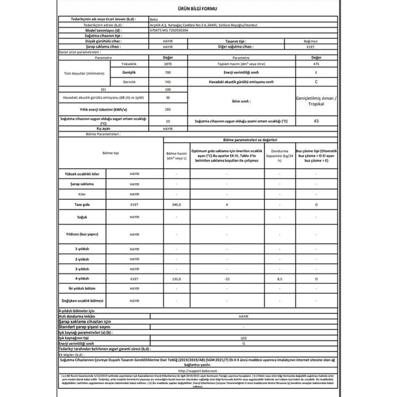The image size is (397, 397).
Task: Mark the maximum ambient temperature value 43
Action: click(x=315, y=121)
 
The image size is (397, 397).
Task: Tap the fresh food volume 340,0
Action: click(x=176, y=203)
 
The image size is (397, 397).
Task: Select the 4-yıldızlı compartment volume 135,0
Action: click(x=176, y=278)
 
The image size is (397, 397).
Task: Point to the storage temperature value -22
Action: click(x=227, y=278)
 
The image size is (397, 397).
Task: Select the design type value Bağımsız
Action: click(x=315, y=41)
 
